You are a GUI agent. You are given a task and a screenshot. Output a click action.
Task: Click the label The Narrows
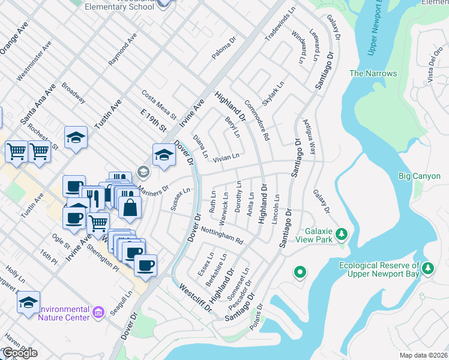coord(373,73)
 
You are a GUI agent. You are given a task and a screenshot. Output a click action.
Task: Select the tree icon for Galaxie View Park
coord(342,233)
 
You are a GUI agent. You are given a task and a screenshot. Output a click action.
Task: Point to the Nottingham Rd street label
coord(221,235)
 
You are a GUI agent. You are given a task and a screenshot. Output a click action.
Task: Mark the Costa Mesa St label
coord(158,104)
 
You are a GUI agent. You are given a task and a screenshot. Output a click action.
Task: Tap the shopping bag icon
coord(130,208)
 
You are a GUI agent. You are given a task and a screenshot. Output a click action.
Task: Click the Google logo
coord(20,352)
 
